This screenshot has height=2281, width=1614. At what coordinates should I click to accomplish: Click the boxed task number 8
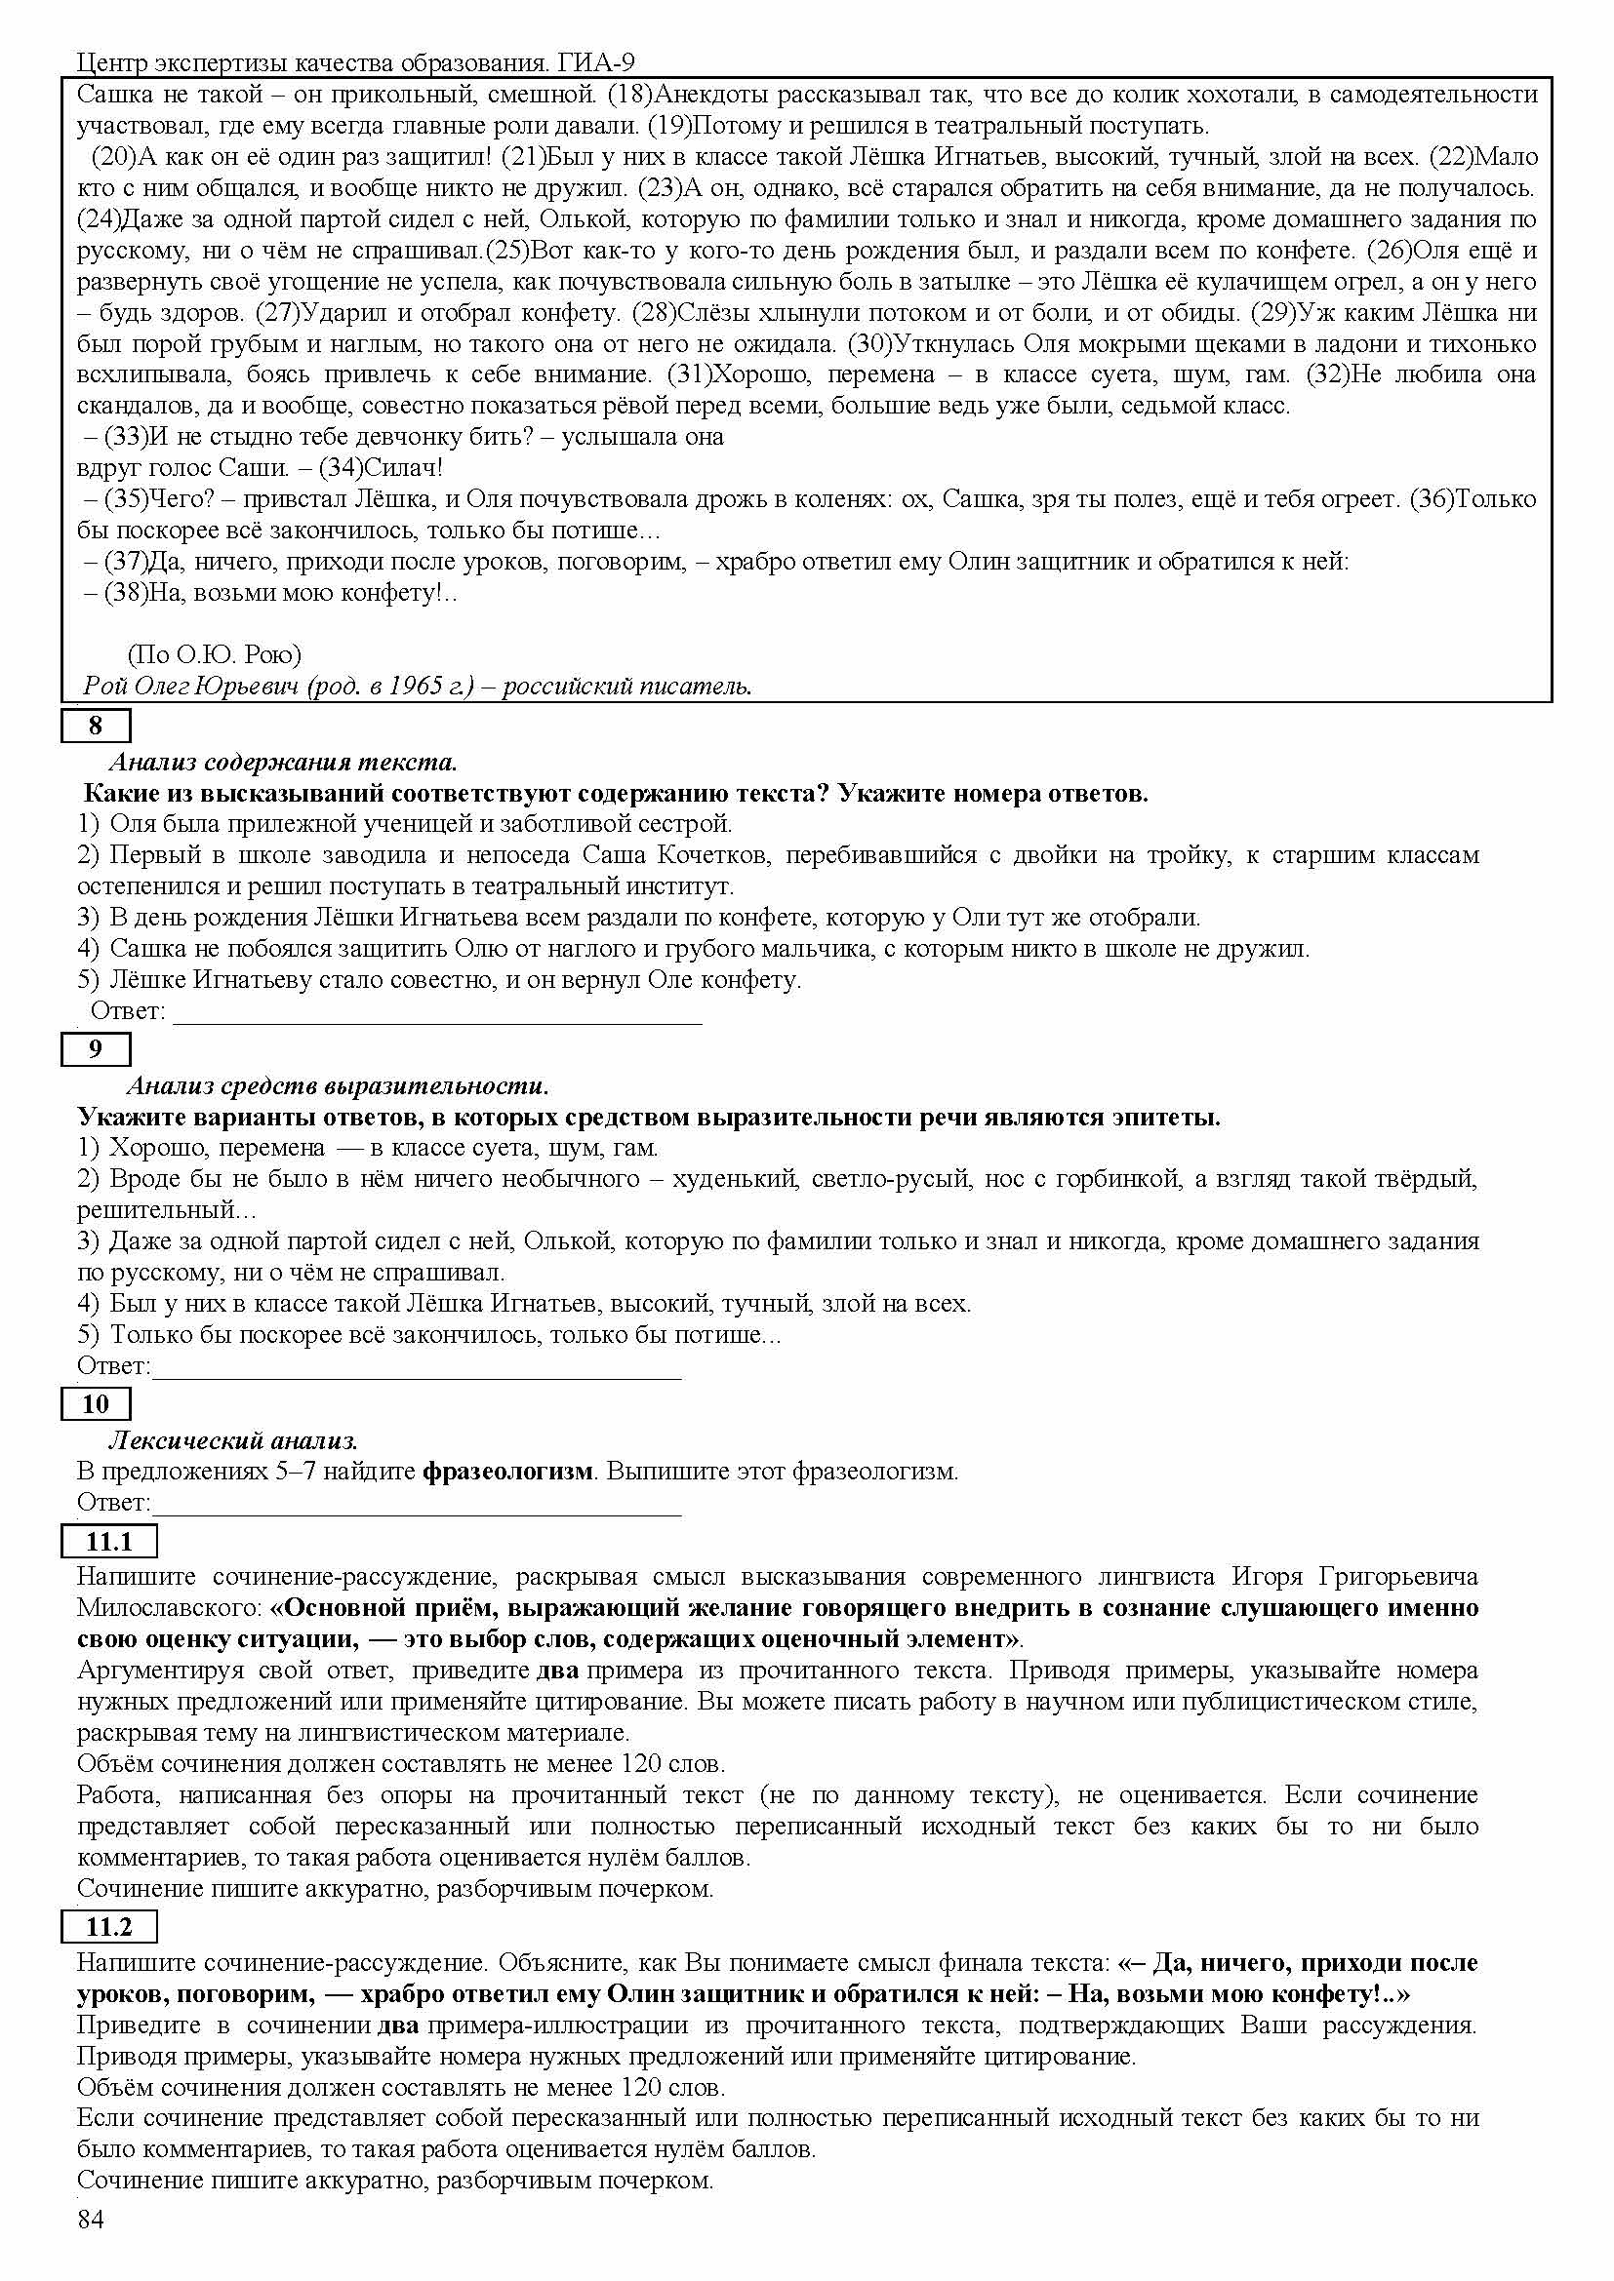coord(96,727)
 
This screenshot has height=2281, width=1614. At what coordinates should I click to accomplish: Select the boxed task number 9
coord(96,1049)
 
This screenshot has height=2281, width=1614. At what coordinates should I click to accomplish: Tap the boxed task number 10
coord(96,1403)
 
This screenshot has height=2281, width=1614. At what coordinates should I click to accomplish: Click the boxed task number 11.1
coord(109,1542)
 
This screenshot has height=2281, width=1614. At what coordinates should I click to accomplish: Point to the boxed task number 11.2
coord(109,1927)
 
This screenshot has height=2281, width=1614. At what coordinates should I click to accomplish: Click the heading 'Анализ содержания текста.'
coord(282,762)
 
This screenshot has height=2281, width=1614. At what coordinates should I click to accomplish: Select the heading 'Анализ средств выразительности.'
coord(338,1084)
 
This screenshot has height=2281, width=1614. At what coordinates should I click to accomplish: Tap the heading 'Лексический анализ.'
coord(232,1439)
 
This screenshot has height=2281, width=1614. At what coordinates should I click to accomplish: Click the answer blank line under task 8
coord(437,1021)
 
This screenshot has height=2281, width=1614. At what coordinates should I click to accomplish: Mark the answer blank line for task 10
coord(418,1514)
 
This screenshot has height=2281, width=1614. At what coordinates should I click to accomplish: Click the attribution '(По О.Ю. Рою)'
coord(214,654)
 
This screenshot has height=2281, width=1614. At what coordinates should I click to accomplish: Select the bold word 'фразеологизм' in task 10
coord(507,1472)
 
